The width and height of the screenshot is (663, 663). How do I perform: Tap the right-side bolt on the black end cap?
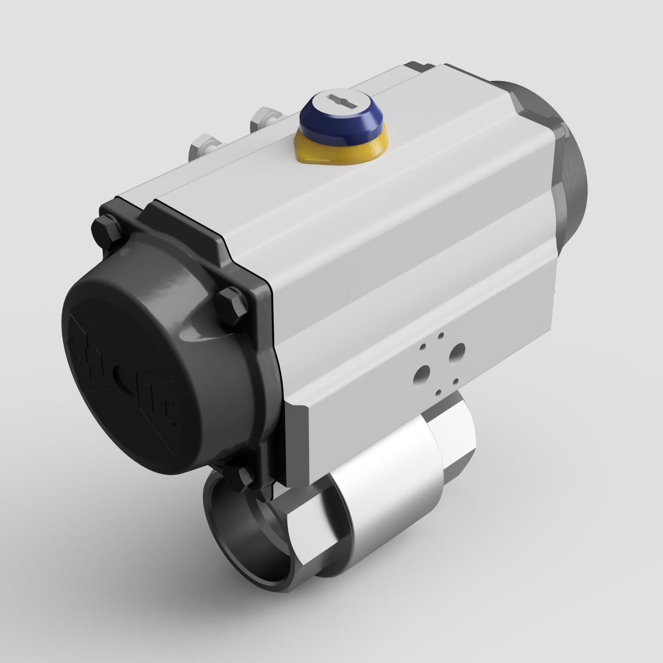point(231,306)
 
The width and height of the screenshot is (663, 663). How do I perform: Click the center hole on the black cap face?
point(122,379)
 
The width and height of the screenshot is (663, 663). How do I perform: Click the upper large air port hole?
point(456,352)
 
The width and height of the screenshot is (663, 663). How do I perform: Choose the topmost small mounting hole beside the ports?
point(440,334)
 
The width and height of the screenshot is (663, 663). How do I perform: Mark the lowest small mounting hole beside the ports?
point(438,393)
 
